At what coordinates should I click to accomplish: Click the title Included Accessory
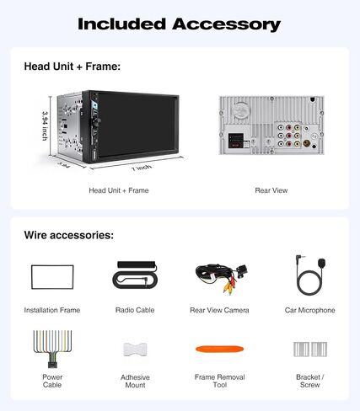click(180, 24)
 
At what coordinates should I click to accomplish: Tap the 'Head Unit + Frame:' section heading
click(73, 67)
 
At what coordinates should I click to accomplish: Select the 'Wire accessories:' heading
click(69, 235)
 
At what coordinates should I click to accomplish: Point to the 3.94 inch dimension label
click(45, 126)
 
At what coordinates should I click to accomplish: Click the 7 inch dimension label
click(142, 168)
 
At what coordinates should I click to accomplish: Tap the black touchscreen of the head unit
click(137, 125)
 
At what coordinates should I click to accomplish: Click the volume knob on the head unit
click(98, 122)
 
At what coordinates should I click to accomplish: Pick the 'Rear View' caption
click(271, 190)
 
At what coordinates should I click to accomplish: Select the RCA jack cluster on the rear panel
click(289, 136)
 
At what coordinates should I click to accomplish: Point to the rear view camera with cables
click(222, 279)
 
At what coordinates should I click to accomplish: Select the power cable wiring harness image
click(52, 349)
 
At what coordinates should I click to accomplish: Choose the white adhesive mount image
click(135, 350)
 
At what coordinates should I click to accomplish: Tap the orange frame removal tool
click(219, 349)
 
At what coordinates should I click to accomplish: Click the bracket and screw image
click(310, 350)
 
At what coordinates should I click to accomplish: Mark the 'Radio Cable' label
click(135, 310)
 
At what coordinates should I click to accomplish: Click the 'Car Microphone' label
click(309, 310)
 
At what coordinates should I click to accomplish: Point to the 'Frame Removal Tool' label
click(220, 381)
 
